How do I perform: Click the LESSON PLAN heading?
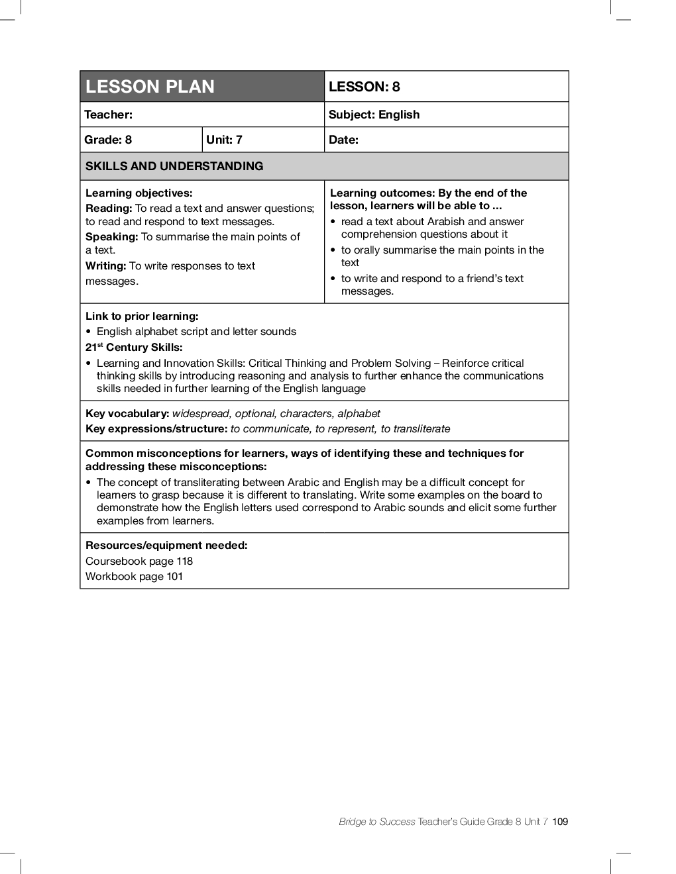coord(150,87)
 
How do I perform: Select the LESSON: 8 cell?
coord(365,87)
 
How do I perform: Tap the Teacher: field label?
coord(109,115)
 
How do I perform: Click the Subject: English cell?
coord(374,115)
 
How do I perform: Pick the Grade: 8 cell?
coord(109,140)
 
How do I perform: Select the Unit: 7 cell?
coord(225,140)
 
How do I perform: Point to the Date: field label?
coord(344,140)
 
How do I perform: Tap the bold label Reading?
coord(109,209)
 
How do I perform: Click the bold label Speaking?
coord(111,237)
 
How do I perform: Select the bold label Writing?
coord(105,266)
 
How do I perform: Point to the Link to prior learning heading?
coord(142,316)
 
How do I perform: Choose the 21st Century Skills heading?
coord(134,348)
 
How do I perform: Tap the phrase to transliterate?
coord(416,429)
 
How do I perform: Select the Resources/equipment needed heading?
coord(166,546)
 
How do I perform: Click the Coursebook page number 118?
coord(184,561)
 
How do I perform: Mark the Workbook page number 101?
coord(174,577)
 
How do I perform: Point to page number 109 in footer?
coord(560,822)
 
